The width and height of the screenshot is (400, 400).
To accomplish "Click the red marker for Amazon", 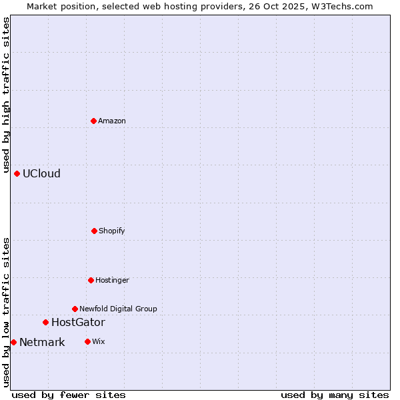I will point(93,121).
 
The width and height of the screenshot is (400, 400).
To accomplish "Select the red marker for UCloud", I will point(17,173).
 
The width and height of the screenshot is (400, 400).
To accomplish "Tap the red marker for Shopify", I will point(94,231).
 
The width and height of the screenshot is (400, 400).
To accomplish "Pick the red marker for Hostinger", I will point(91,280).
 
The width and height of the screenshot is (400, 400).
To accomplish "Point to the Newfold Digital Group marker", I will point(75,309).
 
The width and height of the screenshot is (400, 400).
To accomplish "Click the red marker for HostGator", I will point(45,322).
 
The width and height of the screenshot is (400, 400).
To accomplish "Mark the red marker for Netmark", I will point(13,342).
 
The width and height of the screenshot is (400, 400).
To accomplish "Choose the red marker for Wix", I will point(87,341).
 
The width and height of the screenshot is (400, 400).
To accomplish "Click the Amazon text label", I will point(112,121).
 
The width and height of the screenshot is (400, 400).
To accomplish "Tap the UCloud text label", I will point(41,173).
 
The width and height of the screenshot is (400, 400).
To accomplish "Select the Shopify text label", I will point(112,231).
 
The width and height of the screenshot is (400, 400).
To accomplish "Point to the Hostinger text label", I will point(112,280).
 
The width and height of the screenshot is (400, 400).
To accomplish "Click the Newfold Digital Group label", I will point(118,309).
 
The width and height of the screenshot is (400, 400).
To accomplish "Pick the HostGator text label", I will point(78,322).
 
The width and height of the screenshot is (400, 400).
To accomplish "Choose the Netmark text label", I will point(42,342).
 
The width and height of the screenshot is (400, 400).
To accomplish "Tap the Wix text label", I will point(99,341).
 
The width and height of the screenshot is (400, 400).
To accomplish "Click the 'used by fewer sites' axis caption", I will point(69,395).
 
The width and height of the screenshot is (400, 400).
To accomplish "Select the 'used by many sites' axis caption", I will point(335,395).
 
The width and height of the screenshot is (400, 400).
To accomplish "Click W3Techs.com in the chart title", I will point(340,6).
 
